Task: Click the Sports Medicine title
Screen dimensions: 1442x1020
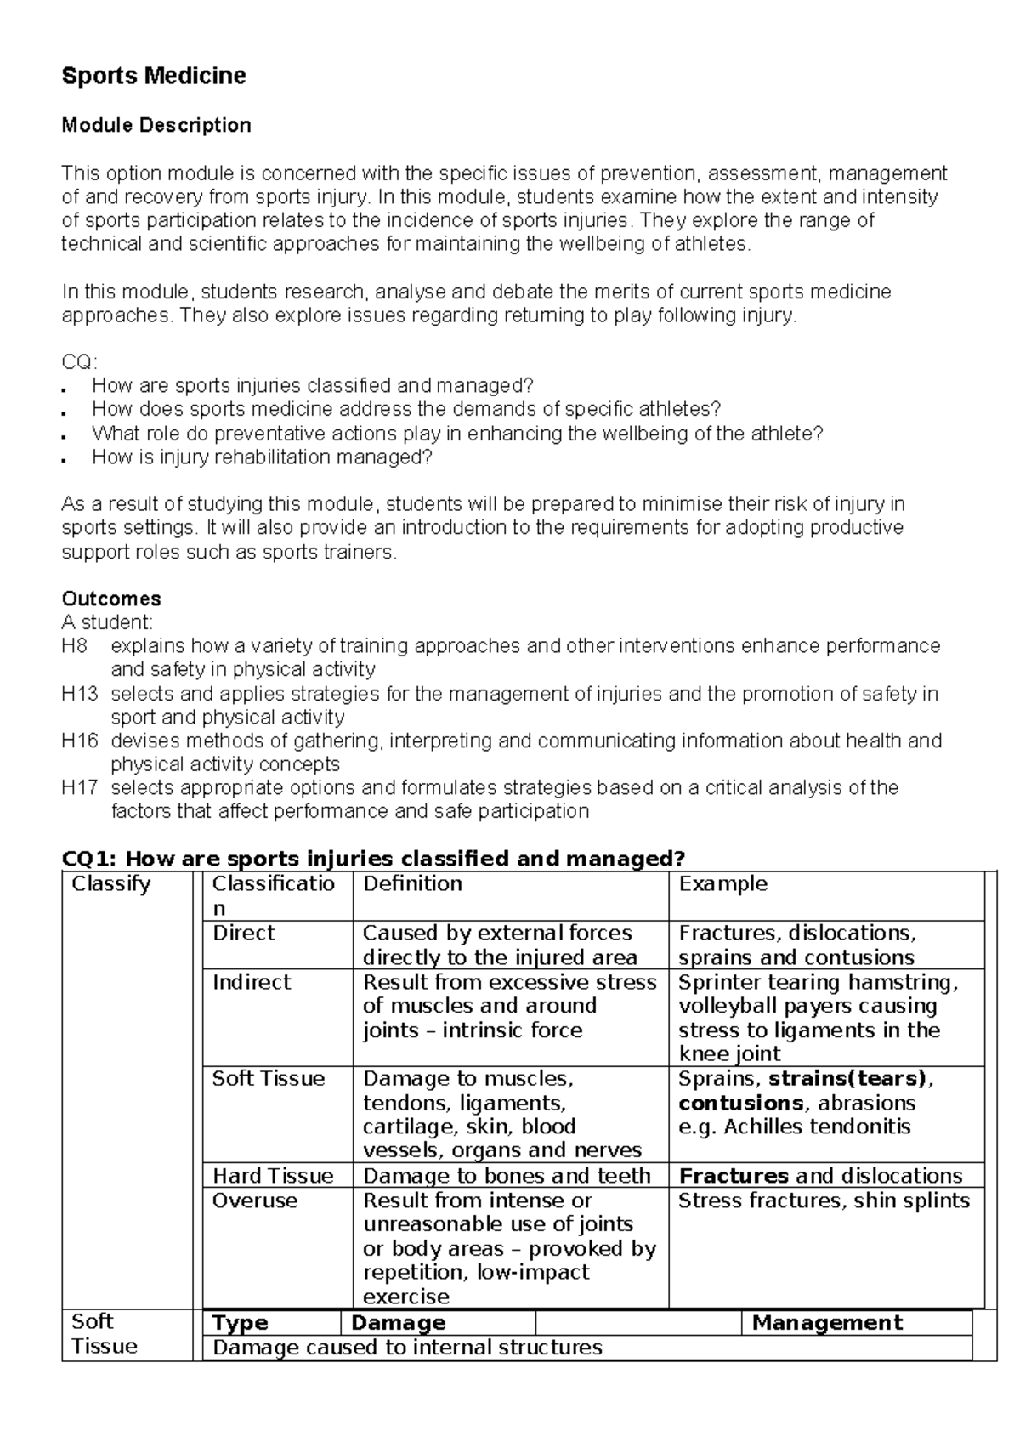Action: (x=154, y=77)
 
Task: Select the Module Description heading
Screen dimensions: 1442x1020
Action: (x=156, y=126)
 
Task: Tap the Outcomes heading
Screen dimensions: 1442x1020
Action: (x=111, y=599)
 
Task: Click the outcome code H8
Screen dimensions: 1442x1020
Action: (x=75, y=646)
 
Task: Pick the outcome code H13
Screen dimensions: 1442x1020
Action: (x=80, y=694)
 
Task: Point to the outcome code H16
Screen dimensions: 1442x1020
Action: (x=80, y=741)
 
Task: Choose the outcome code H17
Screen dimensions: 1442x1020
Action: (x=80, y=788)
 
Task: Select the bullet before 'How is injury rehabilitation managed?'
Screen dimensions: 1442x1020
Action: (x=65, y=459)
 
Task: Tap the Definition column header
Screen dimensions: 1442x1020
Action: (x=412, y=884)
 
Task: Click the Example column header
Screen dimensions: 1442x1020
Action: (x=722, y=884)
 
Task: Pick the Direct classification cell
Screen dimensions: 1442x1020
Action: (x=244, y=934)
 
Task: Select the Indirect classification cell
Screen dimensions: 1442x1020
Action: (x=252, y=983)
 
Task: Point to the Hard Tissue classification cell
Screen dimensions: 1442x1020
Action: (x=273, y=1176)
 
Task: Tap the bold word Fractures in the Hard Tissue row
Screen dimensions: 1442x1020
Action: (x=734, y=1176)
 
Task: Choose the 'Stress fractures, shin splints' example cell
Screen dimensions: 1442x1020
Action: (x=824, y=1201)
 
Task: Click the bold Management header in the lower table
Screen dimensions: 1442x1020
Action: (x=827, y=1323)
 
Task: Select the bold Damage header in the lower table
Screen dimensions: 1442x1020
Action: (x=398, y=1323)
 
